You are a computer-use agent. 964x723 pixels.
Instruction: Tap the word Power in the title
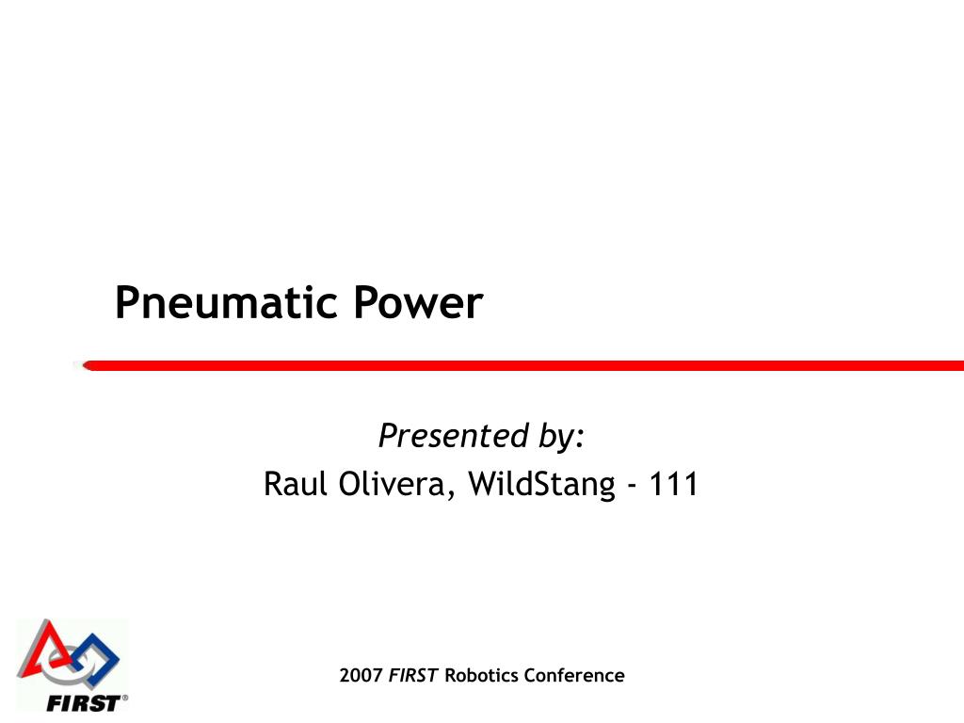click(x=418, y=304)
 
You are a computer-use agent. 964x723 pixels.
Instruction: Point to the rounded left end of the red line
click(x=82, y=365)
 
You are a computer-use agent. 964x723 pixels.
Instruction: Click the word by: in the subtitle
click(x=562, y=437)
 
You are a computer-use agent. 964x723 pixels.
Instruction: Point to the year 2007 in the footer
click(x=361, y=675)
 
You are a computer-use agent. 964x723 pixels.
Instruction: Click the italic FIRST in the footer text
click(x=413, y=675)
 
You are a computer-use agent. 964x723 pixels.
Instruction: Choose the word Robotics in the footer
click(x=481, y=675)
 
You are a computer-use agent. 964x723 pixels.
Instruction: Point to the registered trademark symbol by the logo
click(x=125, y=699)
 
